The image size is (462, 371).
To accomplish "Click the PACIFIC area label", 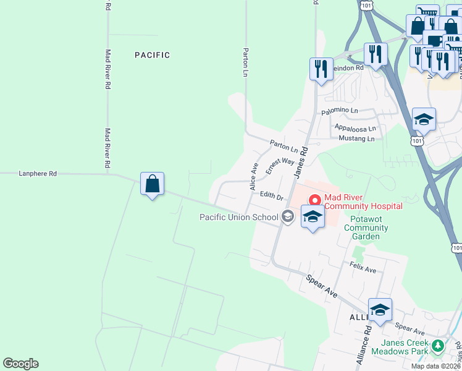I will coord(152,55).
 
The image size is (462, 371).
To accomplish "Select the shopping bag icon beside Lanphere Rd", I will coord(152,184).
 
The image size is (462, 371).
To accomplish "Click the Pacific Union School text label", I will coord(238,217).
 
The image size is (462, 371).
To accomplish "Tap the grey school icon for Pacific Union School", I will coord(287,216).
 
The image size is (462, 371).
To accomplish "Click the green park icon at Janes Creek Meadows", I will coord(439,345).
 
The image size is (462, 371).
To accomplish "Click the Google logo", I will coord(20,364).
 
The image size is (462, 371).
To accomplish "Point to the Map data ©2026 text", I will coord(436,366).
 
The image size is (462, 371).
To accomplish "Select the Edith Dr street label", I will coord(271,196).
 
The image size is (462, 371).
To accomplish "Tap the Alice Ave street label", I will coord(253,177).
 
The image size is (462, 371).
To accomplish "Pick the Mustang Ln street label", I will coord(356,139).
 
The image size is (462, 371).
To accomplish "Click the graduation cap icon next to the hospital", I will coord(313,217).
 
